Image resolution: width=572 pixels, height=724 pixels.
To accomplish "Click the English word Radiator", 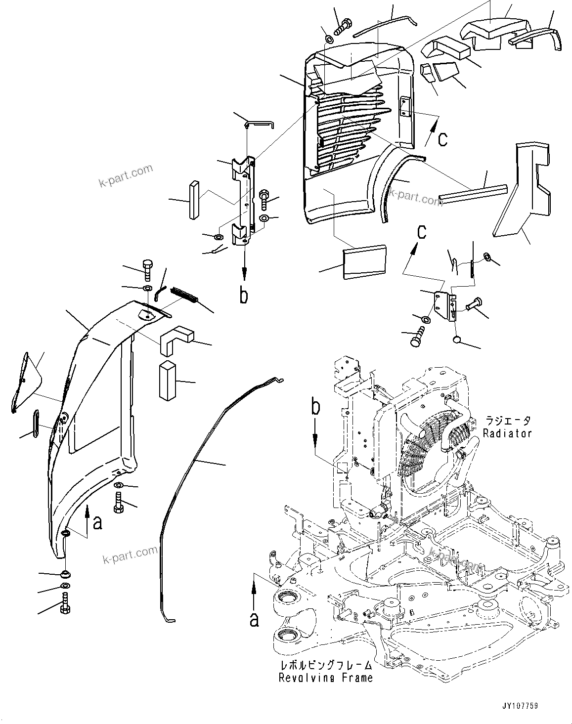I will pos(507,433).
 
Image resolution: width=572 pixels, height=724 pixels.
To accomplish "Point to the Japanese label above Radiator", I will pos(507,421).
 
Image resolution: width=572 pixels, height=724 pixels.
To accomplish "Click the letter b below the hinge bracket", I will pos(244,295).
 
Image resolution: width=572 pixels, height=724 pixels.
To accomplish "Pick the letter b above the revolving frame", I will pos(315,409).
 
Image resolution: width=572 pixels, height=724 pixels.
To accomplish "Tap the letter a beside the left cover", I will pos(98,522).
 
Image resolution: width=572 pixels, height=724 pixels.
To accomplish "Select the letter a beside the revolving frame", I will pos(254,619).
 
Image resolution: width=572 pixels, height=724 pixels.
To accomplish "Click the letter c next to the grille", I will pos(443,139).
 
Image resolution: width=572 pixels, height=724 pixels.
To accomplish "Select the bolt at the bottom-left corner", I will pos(64,606).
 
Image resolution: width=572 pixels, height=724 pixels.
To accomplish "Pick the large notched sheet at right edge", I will pos(522,188).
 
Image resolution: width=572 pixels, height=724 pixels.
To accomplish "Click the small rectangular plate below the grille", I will pos(364,261).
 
